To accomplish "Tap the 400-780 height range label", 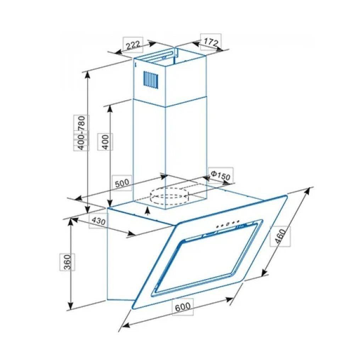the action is (81, 133).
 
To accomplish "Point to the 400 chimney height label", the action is (105, 142).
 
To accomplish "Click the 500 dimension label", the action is (122, 183).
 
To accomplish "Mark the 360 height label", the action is (67, 262).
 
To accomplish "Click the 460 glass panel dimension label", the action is (280, 236).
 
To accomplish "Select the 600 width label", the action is (183, 306).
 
